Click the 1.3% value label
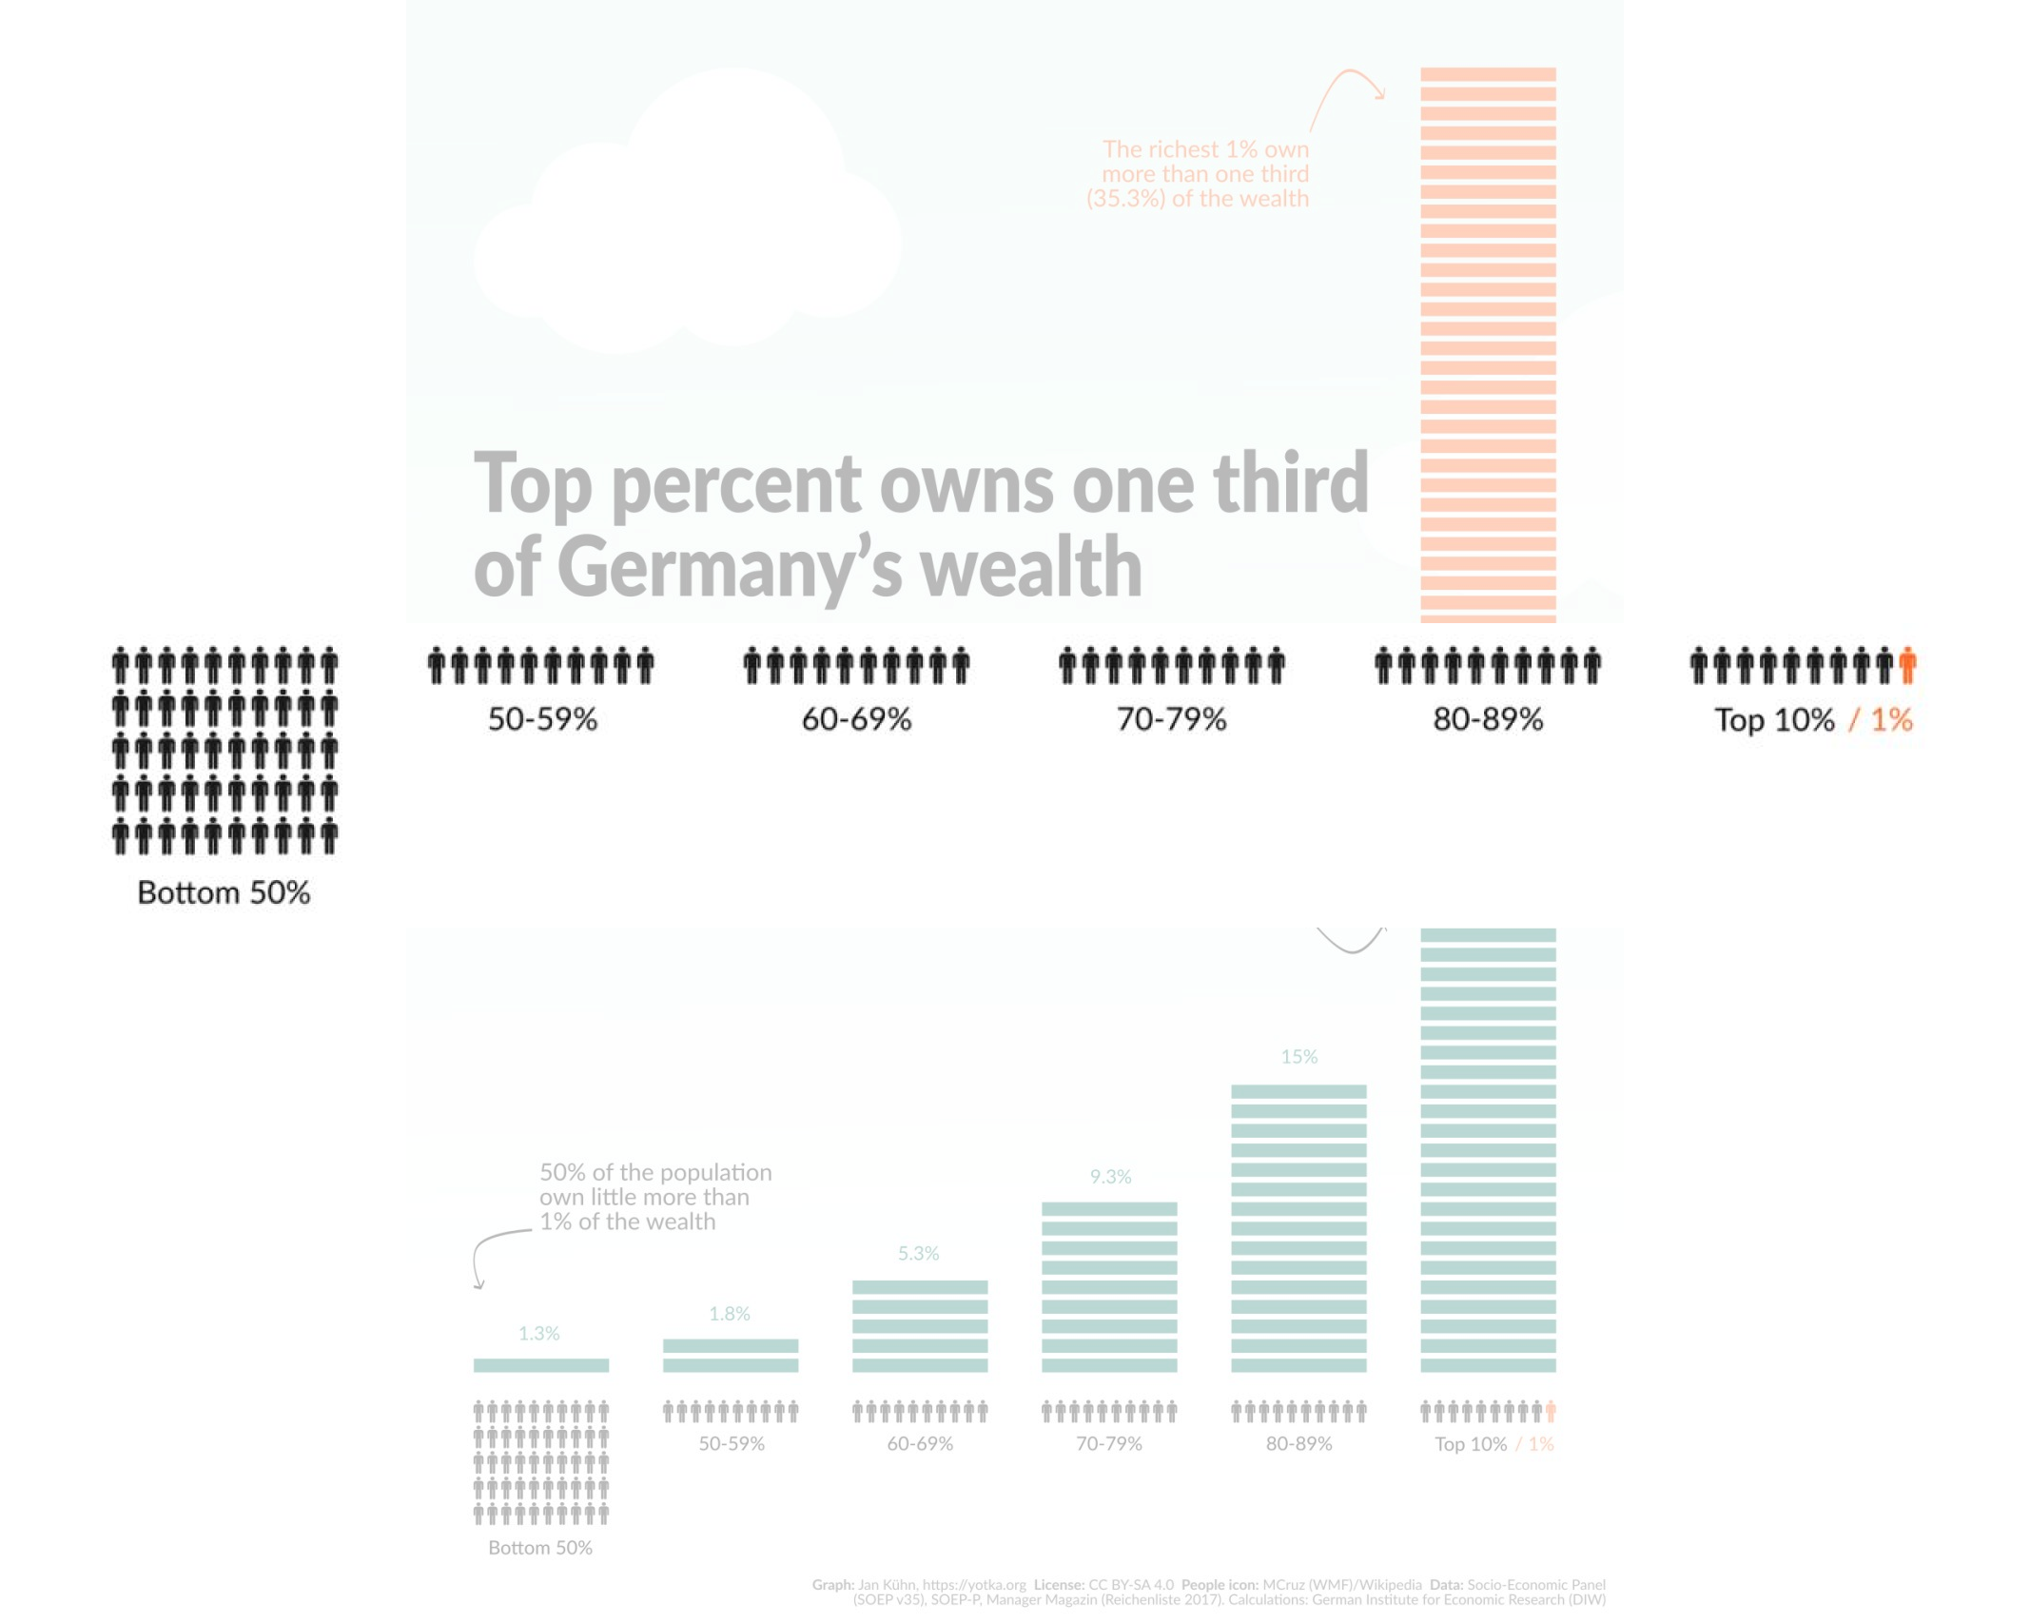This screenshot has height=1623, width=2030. tap(538, 1333)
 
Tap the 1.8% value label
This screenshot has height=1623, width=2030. tap(730, 1314)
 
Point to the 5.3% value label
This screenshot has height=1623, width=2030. tap(918, 1254)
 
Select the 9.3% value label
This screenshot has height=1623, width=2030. tap(1110, 1177)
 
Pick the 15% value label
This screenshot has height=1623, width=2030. tap(1298, 1057)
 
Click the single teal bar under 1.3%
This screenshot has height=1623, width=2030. tap(541, 1365)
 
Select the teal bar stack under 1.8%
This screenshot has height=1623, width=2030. tap(731, 1356)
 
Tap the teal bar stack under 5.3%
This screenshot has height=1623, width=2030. tap(920, 1326)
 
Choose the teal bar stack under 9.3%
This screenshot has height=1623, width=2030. tap(1109, 1287)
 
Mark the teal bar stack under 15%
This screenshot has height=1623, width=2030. tap(1298, 1228)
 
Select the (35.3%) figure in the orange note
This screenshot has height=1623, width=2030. tap(1125, 199)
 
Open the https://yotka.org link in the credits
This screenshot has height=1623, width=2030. tap(974, 1585)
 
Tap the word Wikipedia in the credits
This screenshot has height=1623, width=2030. tap(1390, 1585)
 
